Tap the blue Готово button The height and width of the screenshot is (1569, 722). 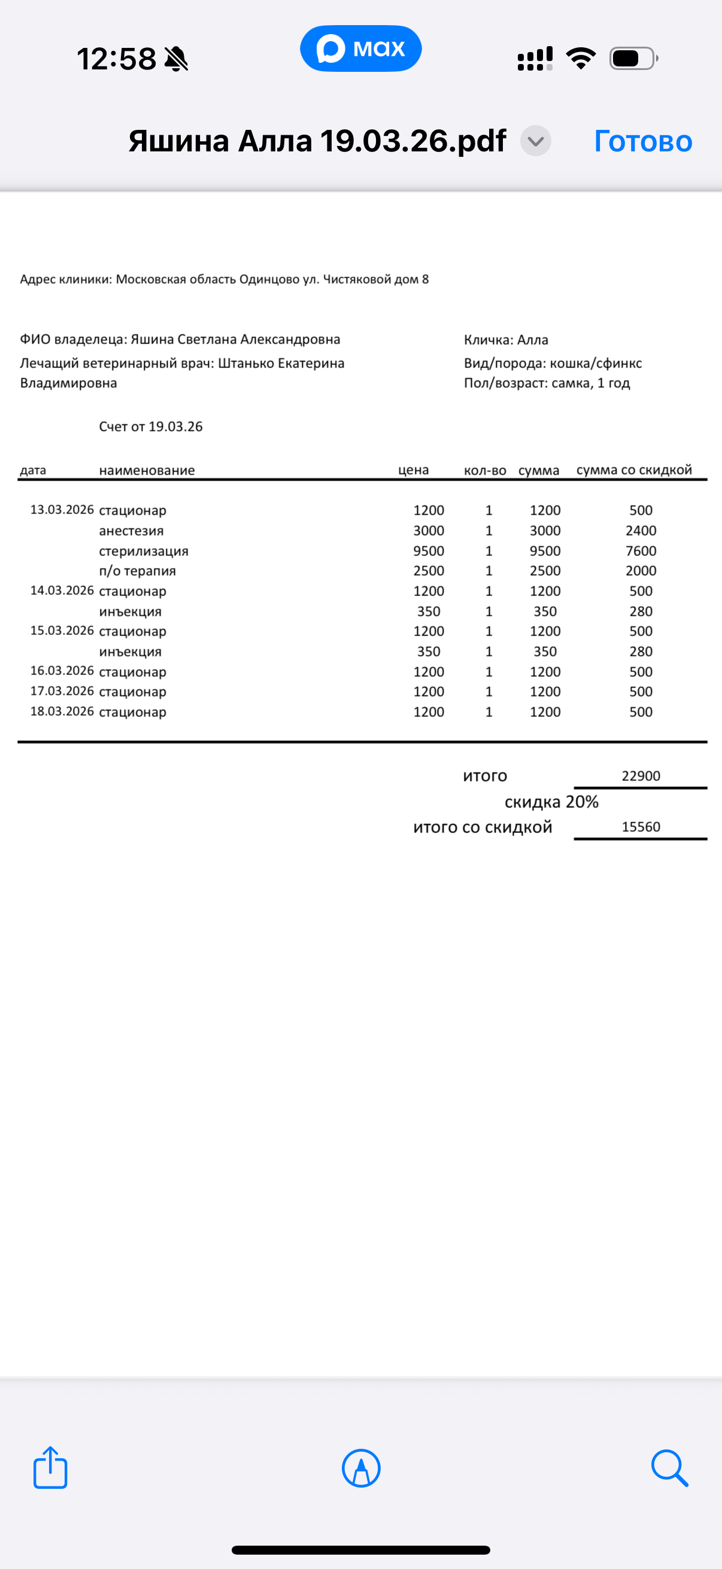point(643,141)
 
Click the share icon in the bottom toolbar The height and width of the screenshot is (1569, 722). point(50,1467)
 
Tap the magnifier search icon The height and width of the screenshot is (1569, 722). point(669,1467)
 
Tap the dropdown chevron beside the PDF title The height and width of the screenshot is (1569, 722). point(536,141)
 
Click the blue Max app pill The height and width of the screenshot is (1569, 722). point(360,48)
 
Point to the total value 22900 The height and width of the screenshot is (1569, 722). point(641,776)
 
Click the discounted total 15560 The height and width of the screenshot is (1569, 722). point(641,827)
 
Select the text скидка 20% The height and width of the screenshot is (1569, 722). point(551,802)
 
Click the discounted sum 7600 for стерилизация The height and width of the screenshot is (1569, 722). point(641,551)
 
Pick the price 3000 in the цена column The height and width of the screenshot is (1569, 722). point(428,531)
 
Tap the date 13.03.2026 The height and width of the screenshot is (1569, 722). point(62,510)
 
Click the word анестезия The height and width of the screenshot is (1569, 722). point(131,531)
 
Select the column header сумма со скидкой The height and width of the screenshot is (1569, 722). point(633,470)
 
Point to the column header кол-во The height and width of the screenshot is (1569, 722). point(485,470)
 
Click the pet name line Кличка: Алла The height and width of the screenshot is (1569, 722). point(506,340)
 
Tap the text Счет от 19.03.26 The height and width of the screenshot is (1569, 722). point(150,426)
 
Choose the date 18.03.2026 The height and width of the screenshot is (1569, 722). point(62,711)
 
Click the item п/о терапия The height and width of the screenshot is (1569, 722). point(137,571)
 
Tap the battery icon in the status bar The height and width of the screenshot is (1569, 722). point(633,59)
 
